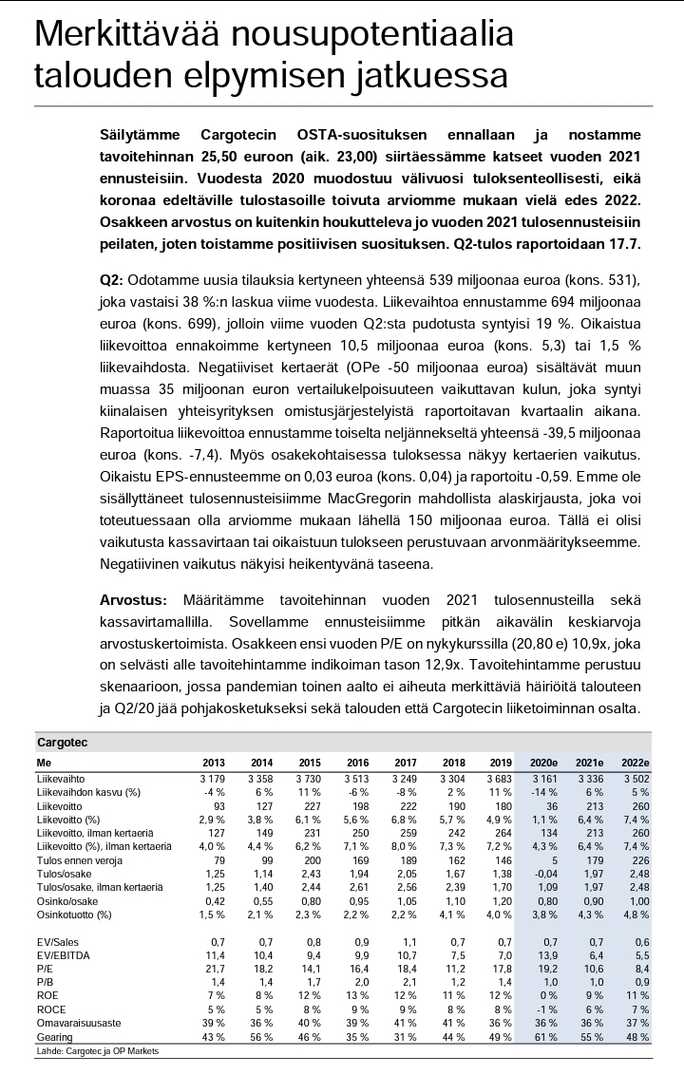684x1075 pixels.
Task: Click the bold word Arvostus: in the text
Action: (x=133, y=600)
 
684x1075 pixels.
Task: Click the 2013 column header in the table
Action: (x=213, y=762)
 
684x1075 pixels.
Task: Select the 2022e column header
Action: (x=634, y=762)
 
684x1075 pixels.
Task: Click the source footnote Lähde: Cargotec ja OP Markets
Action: (x=98, y=1051)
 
